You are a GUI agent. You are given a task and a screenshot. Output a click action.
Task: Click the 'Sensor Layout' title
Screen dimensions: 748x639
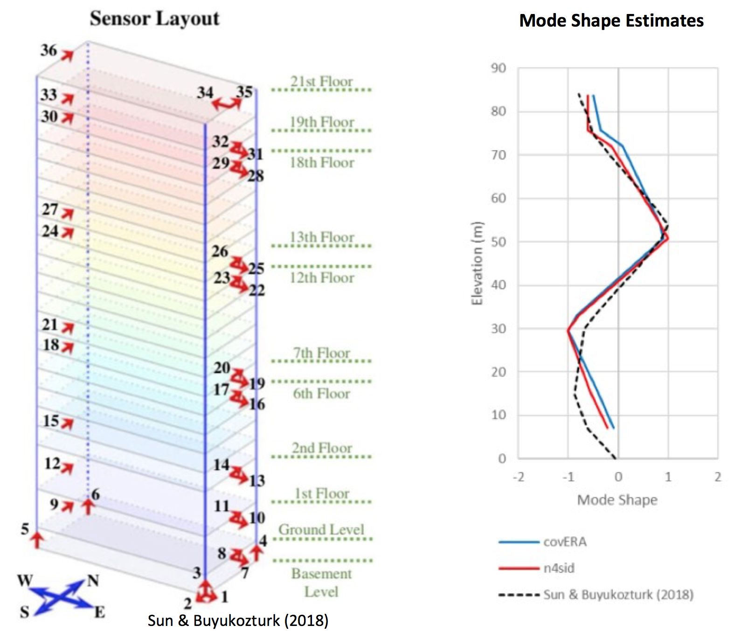coord(154,19)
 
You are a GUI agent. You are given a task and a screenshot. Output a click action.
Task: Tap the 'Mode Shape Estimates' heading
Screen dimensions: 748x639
coord(611,21)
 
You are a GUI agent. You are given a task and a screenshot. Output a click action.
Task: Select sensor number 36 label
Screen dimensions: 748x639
coord(48,50)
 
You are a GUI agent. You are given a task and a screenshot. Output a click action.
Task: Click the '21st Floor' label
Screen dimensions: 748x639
coord(322,81)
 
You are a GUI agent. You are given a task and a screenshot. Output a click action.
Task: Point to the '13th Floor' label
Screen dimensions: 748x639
coord(322,237)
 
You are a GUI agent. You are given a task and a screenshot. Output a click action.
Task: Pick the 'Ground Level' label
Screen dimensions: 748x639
coord(321,529)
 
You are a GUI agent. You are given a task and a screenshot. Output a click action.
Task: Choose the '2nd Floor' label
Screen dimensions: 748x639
coord(322,448)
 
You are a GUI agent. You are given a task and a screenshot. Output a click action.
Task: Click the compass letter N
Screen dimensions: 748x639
coord(93,581)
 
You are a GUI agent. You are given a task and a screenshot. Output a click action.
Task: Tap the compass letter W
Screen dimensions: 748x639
coord(25,581)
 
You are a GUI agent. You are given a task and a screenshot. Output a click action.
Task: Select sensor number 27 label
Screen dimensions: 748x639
coord(50,209)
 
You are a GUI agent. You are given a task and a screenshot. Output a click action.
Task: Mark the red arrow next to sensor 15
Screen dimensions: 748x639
coord(68,424)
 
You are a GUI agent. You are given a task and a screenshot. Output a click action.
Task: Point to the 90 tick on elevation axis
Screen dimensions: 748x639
coord(498,69)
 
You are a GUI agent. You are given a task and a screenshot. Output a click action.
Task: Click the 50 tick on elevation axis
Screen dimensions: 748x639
coord(498,242)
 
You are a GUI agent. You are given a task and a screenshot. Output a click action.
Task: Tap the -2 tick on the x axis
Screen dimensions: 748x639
coord(519,477)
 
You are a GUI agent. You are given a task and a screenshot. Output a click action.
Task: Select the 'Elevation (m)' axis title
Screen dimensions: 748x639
coord(477,264)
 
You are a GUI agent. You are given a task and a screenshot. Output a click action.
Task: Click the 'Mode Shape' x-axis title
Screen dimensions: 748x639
coord(617,500)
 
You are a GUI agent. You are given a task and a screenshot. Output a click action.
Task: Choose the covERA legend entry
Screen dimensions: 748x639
coord(542,542)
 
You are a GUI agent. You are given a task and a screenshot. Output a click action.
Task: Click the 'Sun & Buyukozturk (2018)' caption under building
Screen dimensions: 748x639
coord(238,620)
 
